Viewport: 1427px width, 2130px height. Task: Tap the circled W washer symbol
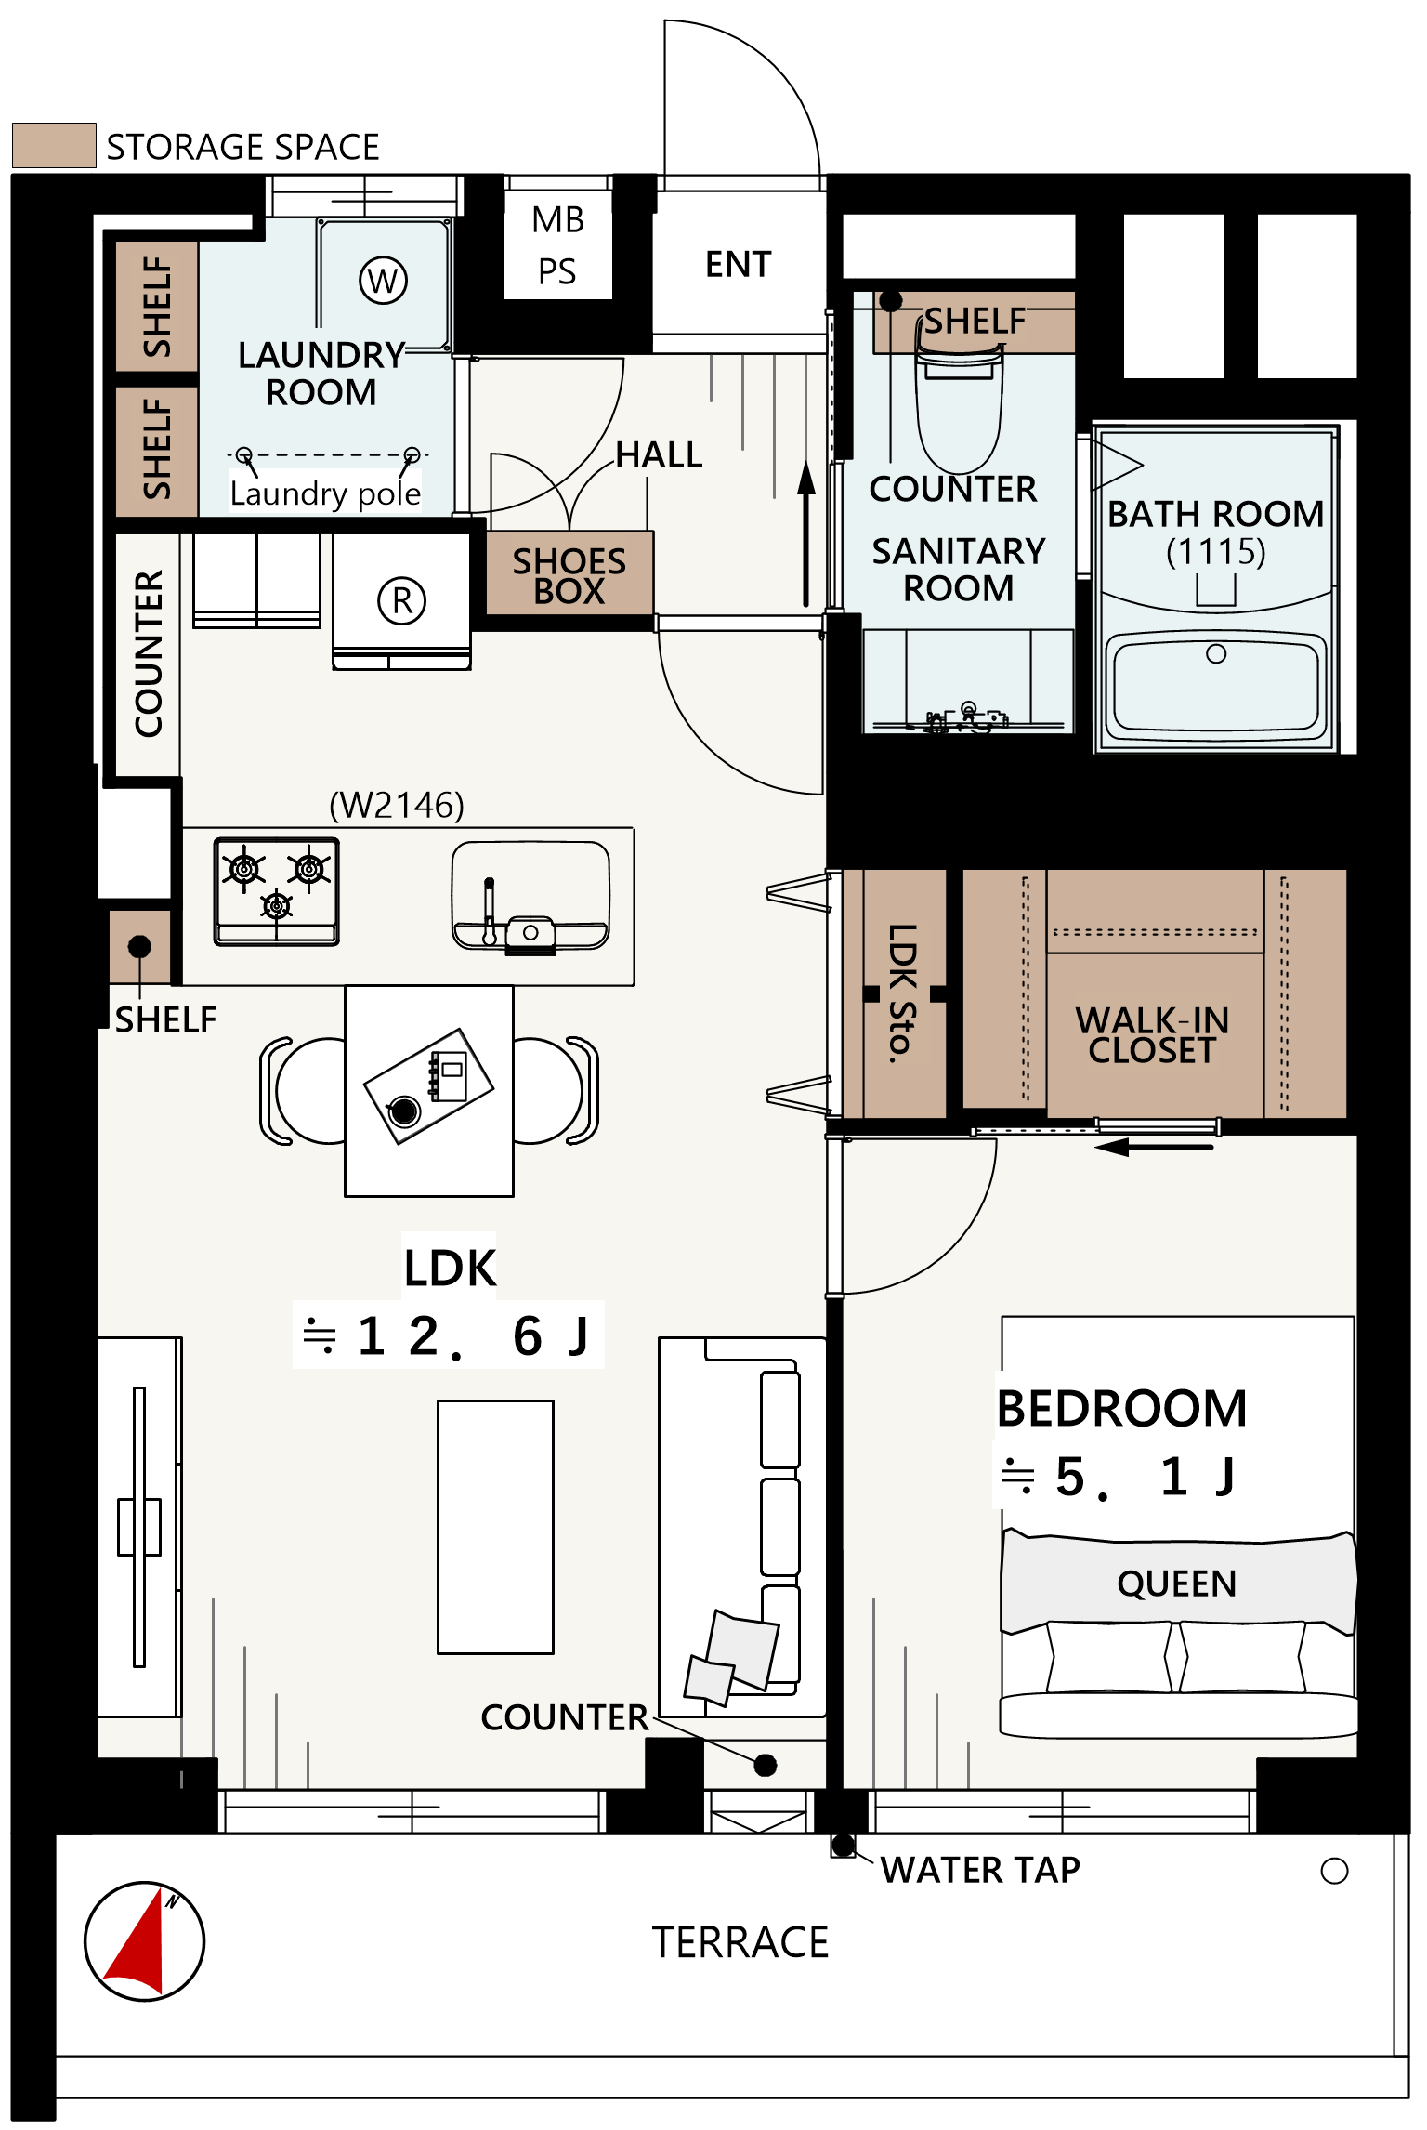(x=383, y=280)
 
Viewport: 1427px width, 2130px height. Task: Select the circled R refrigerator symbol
(x=401, y=600)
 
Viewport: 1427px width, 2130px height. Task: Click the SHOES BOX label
(x=569, y=575)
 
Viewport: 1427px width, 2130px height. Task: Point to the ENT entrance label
(x=739, y=265)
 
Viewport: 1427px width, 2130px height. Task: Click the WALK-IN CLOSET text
(x=1152, y=1035)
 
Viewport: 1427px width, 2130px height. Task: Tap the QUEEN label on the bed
(x=1177, y=1584)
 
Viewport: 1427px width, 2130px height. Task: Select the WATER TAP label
(x=980, y=1870)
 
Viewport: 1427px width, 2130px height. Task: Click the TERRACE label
(x=740, y=1942)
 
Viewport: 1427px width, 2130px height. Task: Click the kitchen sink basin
(x=530, y=896)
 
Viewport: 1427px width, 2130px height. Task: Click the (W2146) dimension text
(x=397, y=805)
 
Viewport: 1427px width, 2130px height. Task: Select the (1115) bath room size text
(x=1216, y=552)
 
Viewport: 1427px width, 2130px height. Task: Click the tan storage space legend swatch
(x=54, y=146)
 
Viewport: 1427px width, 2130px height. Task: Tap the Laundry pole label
(x=325, y=493)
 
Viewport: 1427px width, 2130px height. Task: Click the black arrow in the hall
(x=806, y=534)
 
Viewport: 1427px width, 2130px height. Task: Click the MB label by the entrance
(x=558, y=220)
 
